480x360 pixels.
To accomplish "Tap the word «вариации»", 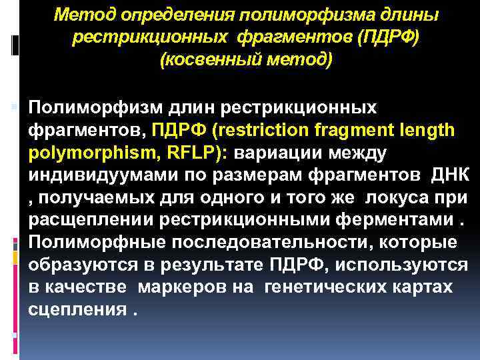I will click(x=280, y=151).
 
